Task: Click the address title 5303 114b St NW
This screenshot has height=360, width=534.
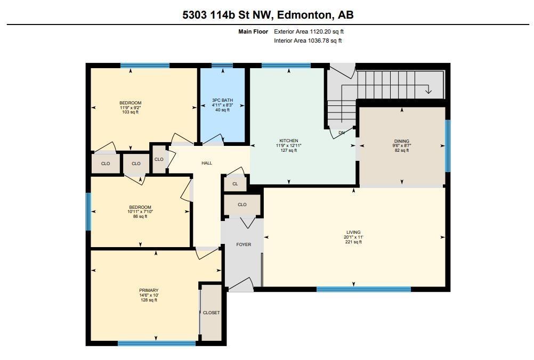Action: click(x=268, y=15)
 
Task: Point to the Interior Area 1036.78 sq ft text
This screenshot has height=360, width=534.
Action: click(x=308, y=40)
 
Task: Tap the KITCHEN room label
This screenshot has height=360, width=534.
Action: click(x=289, y=141)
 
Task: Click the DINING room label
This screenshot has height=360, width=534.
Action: click(x=401, y=141)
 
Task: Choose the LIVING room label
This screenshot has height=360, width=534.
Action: click(x=353, y=232)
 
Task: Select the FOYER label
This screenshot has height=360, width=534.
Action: click(x=244, y=244)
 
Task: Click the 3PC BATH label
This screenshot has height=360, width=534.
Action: click(x=222, y=100)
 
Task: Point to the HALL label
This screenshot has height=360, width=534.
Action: click(x=207, y=163)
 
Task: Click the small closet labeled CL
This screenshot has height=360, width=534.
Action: click(x=235, y=184)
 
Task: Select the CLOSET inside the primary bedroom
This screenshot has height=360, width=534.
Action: click(x=211, y=313)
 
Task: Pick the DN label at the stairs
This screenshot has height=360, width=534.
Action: click(x=342, y=133)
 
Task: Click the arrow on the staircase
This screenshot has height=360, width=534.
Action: click(x=428, y=90)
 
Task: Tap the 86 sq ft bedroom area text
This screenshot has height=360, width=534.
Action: click(x=140, y=217)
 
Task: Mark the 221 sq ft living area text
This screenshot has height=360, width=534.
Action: click(x=353, y=242)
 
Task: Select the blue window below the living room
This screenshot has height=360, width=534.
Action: click(x=363, y=289)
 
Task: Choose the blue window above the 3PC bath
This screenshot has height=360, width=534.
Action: click(x=222, y=66)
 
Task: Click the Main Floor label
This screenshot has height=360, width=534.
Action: click(x=253, y=31)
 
